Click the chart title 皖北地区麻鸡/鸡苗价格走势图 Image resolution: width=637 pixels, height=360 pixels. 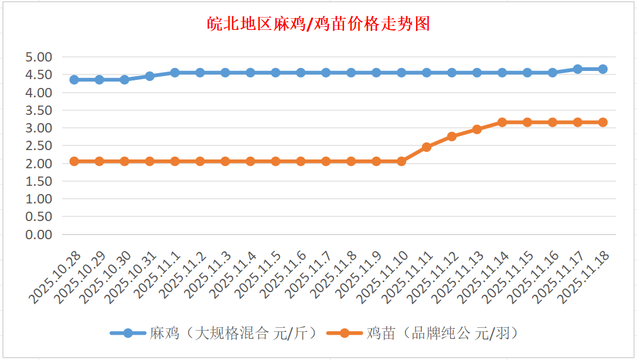[x=318, y=24]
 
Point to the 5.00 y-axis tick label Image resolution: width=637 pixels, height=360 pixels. [x=39, y=57]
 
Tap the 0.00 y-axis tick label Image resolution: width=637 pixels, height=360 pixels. [x=39, y=235]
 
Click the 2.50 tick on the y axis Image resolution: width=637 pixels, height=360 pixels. [x=39, y=146]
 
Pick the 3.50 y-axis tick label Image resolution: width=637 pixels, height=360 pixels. [x=39, y=110]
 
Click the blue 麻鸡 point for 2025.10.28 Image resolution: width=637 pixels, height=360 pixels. [x=74, y=80]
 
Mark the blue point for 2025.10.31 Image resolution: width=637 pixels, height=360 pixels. [x=149, y=76]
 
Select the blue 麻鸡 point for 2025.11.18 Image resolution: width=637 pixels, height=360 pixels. [x=603, y=69]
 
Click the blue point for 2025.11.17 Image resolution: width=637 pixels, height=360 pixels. [x=578, y=69]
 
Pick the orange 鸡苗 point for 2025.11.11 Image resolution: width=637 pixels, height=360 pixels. [x=427, y=147]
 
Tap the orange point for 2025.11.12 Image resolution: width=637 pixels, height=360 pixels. [x=452, y=137]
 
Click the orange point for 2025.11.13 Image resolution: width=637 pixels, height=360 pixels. [x=477, y=130]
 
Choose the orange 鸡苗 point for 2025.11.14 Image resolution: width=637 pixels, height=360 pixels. [x=502, y=123]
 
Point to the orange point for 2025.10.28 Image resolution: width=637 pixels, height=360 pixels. [x=74, y=161]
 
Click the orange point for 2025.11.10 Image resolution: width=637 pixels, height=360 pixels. [x=401, y=161]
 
